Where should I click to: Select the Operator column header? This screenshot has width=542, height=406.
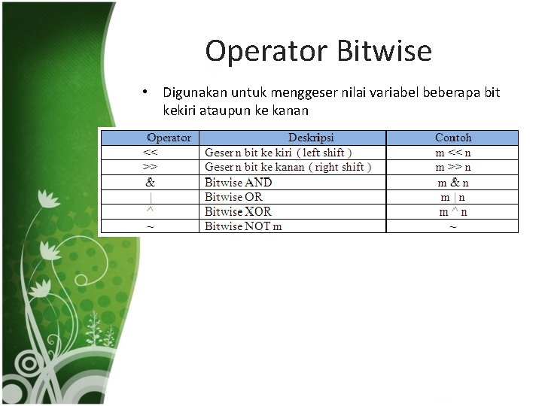[169, 138]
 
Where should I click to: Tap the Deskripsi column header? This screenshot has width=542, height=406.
[311, 138]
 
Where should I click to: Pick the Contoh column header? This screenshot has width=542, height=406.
[453, 138]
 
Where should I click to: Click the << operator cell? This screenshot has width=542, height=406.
[150, 153]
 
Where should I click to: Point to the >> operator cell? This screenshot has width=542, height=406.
[150, 167]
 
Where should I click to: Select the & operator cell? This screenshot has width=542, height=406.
[150, 182]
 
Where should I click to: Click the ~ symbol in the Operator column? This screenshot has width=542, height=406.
[150, 226]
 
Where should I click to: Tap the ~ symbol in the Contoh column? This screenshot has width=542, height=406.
[453, 226]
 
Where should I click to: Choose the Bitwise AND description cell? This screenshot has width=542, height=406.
[239, 182]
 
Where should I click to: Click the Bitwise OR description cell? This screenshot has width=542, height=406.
[233, 197]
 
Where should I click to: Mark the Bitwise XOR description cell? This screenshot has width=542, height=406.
[239, 211]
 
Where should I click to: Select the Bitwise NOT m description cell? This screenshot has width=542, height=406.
[243, 226]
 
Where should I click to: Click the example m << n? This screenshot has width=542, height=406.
[453, 153]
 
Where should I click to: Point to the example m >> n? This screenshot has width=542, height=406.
[453, 167]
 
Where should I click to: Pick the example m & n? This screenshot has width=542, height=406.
[453, 182]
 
